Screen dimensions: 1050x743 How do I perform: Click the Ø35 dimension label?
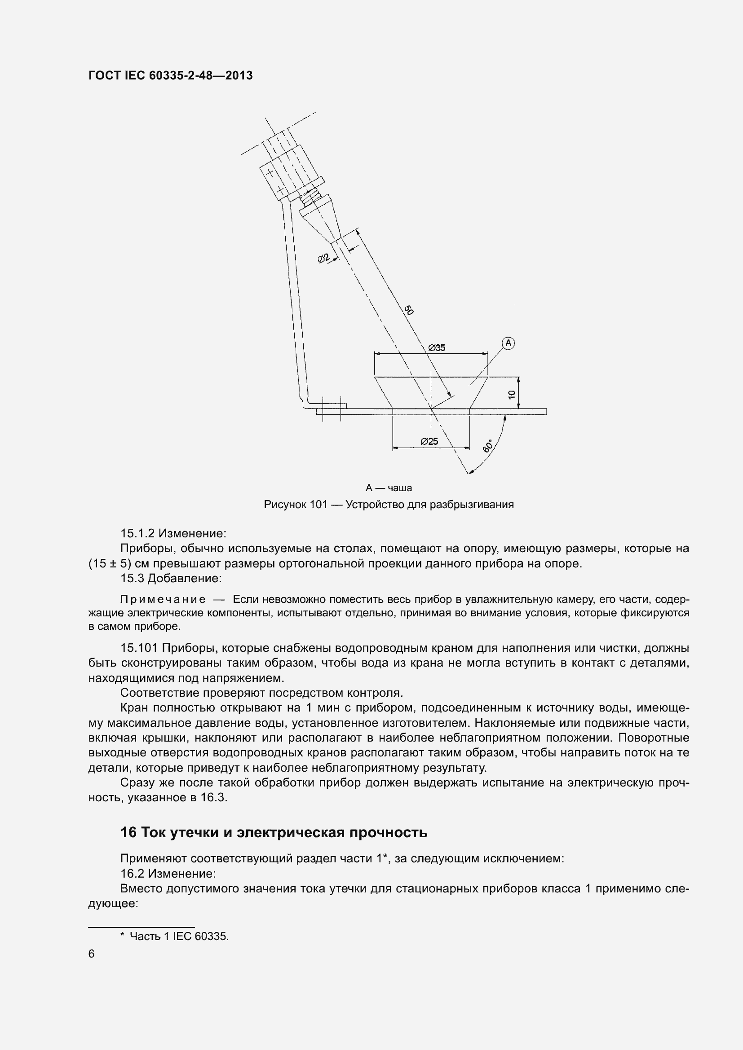(x=437, y=347)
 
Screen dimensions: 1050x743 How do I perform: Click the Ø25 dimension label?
(x=429, y=441)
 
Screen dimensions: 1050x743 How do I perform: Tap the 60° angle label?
(x=488, y=446)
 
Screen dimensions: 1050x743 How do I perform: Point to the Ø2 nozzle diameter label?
(x=324, y=259)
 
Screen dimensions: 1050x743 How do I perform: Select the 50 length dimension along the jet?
(x=408, y=311)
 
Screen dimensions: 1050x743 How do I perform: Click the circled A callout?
(x=509, y=343)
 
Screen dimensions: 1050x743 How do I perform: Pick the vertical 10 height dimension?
(x=512, y=394)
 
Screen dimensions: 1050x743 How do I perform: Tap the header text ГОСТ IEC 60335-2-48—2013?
(x=170, y=76)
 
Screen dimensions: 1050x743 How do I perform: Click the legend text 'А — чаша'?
(x=389, y=488)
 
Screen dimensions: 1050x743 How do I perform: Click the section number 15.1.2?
(x=137, y=533)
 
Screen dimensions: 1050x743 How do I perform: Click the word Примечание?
(x=163, y=600)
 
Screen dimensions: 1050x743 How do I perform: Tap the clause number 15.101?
(x=139, y=648)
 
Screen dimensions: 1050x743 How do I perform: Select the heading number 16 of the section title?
(x=128, y=832)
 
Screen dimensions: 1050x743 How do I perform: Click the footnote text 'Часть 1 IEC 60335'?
(x=178, y=936)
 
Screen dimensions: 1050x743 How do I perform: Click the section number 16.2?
(x=132, y=874)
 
